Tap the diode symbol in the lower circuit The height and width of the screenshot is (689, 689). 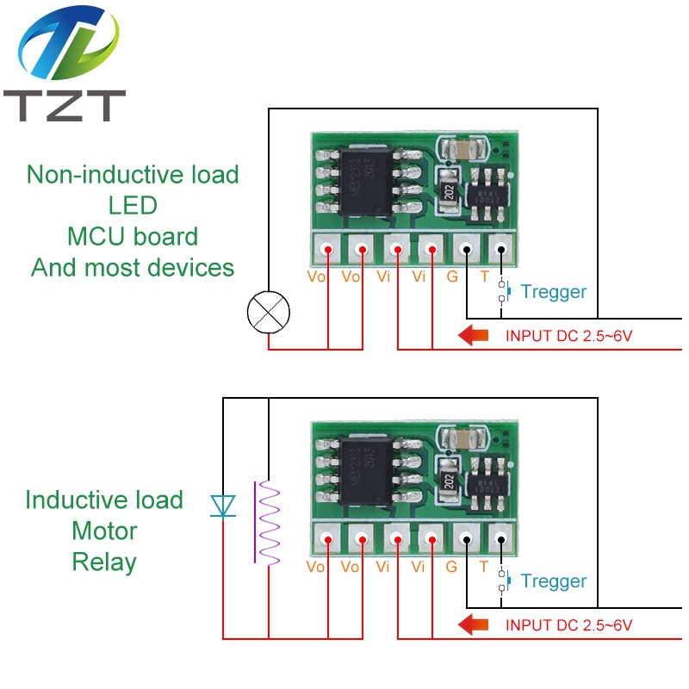tap(223, 506)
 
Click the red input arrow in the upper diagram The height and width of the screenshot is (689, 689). tap(475, 335)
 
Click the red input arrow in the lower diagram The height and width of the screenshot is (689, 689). tap(475, 624)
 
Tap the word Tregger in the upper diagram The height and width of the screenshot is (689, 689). tap(554, 292)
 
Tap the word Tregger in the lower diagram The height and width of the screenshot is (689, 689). tap(554, 581)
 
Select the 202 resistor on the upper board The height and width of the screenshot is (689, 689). tap(447, 193)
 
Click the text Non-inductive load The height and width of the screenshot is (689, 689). tap(133, 175)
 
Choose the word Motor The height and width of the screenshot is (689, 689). tap(104, 531)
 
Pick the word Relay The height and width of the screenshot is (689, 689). tap(104, 562)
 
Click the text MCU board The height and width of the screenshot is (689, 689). tap(133, 237)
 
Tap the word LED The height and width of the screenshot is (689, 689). tap(133, 206)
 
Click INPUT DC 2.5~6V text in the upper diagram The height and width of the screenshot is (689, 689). tap(568, 335)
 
